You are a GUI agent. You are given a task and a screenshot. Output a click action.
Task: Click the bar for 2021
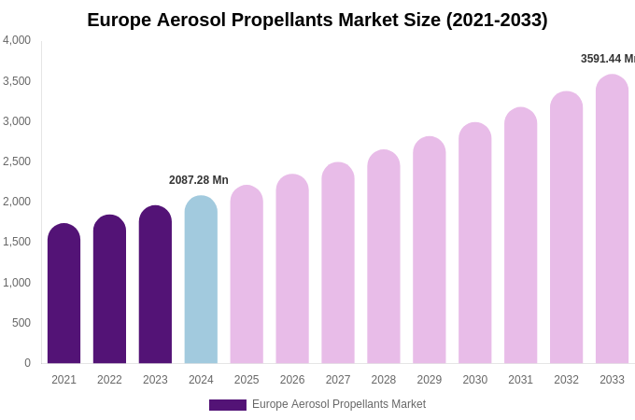(x=63, y=294)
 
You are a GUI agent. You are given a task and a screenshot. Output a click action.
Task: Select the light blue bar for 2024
(x=201, y=280)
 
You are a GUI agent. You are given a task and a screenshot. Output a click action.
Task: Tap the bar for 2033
(x=612, y=219)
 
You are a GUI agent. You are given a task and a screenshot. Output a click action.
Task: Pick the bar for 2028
(x=383, y=257)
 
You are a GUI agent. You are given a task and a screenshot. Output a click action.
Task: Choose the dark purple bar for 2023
(x=155, y=285)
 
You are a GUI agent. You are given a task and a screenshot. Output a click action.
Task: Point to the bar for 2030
(x=474, y=243)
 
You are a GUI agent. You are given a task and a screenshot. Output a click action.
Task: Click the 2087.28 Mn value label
(x=199, y=180)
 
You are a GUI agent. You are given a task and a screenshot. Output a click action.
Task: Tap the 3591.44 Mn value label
(x=607, y=59)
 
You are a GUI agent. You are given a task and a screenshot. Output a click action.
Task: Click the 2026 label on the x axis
(x=292, y=380)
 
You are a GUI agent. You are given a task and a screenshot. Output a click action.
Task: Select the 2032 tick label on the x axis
(x=566, y=380)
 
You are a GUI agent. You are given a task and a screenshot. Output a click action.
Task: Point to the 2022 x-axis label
(x=109, y=380)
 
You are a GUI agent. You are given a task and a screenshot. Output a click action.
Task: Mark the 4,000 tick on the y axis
(x=17, y=40)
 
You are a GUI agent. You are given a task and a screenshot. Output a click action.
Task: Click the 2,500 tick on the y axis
(x=17, y=161)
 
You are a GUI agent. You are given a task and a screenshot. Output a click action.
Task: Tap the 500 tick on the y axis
(x=21, y=323)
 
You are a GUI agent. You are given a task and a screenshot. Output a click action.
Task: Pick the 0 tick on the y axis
(x=27, y=363)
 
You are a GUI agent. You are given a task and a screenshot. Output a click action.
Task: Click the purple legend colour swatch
(x=228, y=405)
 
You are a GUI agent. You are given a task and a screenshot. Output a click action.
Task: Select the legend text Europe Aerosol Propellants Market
(x=339, y=404)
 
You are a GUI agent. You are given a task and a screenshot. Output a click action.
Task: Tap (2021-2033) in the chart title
(x=497, y=20)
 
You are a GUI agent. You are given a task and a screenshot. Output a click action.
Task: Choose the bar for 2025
(x=247, y=275)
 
